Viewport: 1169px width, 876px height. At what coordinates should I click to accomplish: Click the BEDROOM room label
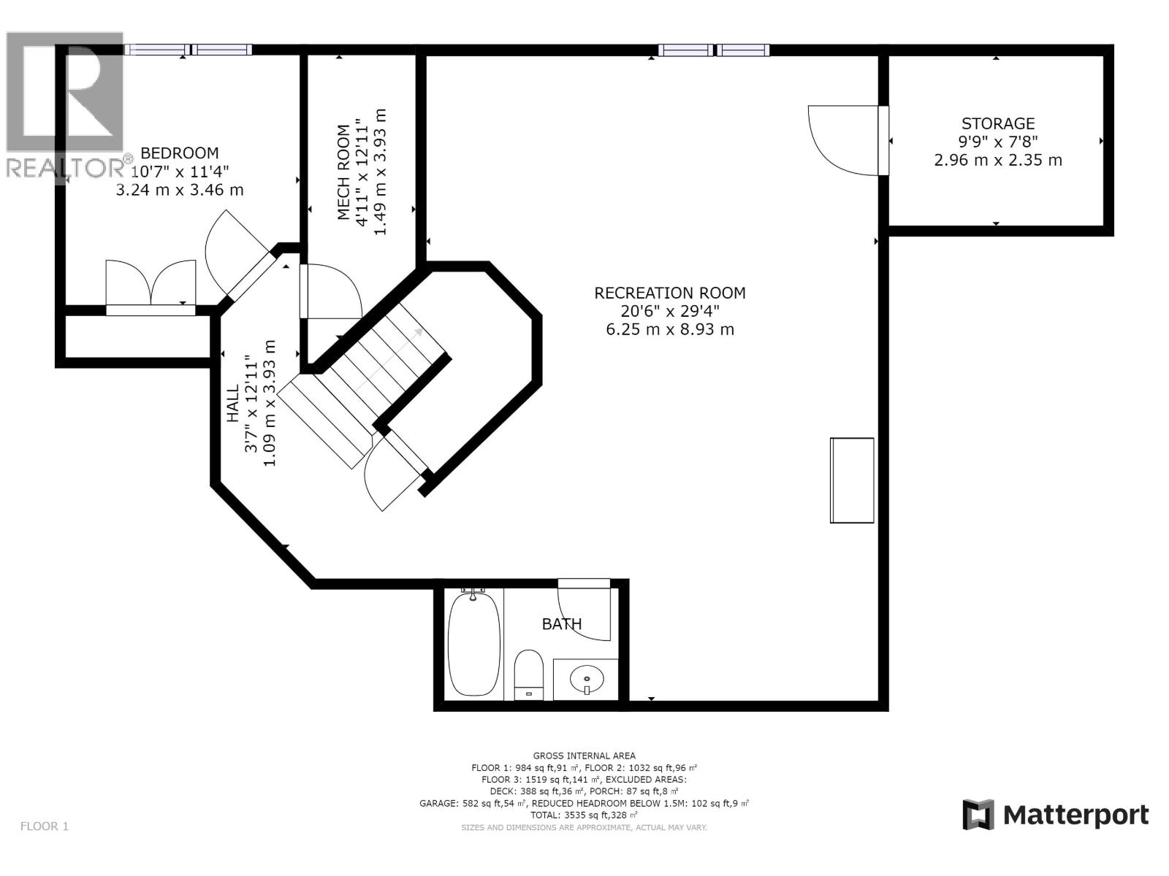(179, 153)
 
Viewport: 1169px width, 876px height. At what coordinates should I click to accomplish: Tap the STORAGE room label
(997, 123)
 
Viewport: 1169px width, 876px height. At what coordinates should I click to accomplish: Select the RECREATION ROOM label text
(669, 293)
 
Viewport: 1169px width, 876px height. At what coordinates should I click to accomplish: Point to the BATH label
(561, 624)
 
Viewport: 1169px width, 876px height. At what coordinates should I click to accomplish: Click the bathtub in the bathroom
(473, 644)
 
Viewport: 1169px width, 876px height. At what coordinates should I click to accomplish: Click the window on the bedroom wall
(189, 50)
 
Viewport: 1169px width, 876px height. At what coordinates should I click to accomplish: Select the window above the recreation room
(713, 50)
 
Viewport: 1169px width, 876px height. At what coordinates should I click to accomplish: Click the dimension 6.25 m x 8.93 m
(669, 329)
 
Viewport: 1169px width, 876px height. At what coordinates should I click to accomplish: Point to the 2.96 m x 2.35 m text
(997, 160)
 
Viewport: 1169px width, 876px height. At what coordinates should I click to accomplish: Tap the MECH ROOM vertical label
(343, 172)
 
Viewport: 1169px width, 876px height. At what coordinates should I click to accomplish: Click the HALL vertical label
(233, 403)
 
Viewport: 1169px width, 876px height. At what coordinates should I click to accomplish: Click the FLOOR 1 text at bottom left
(44, 826)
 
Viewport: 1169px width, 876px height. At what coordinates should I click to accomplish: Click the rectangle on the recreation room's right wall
(852, 480)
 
